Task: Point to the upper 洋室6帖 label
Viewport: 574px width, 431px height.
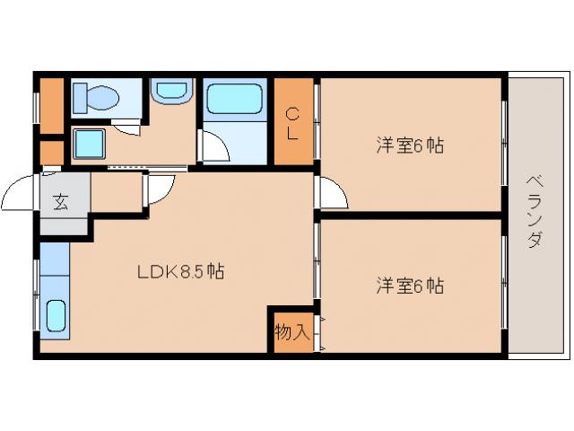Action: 409,145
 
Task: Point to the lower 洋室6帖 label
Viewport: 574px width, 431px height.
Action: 409,286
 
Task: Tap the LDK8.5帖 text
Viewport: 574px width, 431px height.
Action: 180,271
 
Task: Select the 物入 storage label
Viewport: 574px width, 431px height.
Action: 291,332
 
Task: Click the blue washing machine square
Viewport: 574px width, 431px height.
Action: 88,143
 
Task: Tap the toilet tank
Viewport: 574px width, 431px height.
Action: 78,96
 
